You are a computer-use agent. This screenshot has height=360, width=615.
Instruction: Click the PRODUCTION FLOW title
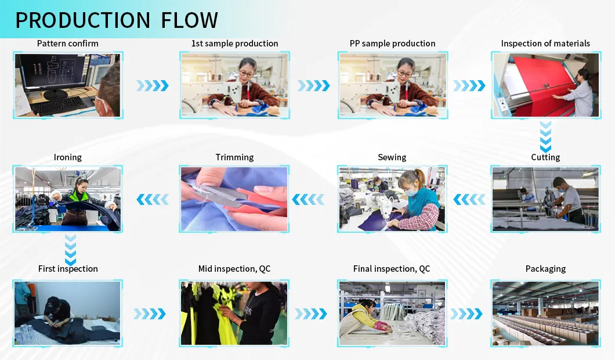[116, 20]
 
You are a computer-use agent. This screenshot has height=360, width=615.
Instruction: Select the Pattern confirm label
[68, 44]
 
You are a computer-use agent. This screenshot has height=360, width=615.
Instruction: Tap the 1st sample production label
[234, 44]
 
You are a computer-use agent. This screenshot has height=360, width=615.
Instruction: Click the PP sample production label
[392, 44]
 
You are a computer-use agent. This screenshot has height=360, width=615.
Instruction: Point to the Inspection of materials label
[545, 44]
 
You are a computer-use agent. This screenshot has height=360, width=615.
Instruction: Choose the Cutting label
[545, 157]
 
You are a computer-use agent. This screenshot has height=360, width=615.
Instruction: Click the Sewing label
[392, 157]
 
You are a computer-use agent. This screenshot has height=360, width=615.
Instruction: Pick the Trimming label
[234, 157]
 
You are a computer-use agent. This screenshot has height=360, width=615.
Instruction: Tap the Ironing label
[68, 157]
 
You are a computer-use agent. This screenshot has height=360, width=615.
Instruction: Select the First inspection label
[68, 269]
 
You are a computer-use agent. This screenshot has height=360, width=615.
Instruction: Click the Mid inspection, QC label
[234, 269]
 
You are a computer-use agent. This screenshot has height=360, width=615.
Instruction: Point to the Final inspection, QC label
[392, 269]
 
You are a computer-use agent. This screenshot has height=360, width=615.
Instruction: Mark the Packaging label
[545, 269]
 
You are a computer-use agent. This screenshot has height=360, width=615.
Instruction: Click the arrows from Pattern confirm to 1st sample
[152, 86]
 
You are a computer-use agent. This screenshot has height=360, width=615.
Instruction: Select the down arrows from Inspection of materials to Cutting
[545, 136]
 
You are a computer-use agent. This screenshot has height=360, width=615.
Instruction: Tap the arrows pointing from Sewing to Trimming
[307, 200]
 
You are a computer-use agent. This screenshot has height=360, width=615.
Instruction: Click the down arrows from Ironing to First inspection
[70, 250]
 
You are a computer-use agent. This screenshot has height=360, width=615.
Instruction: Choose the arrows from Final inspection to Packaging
[466, 314]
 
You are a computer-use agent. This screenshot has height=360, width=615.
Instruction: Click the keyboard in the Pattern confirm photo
[58, 105]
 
